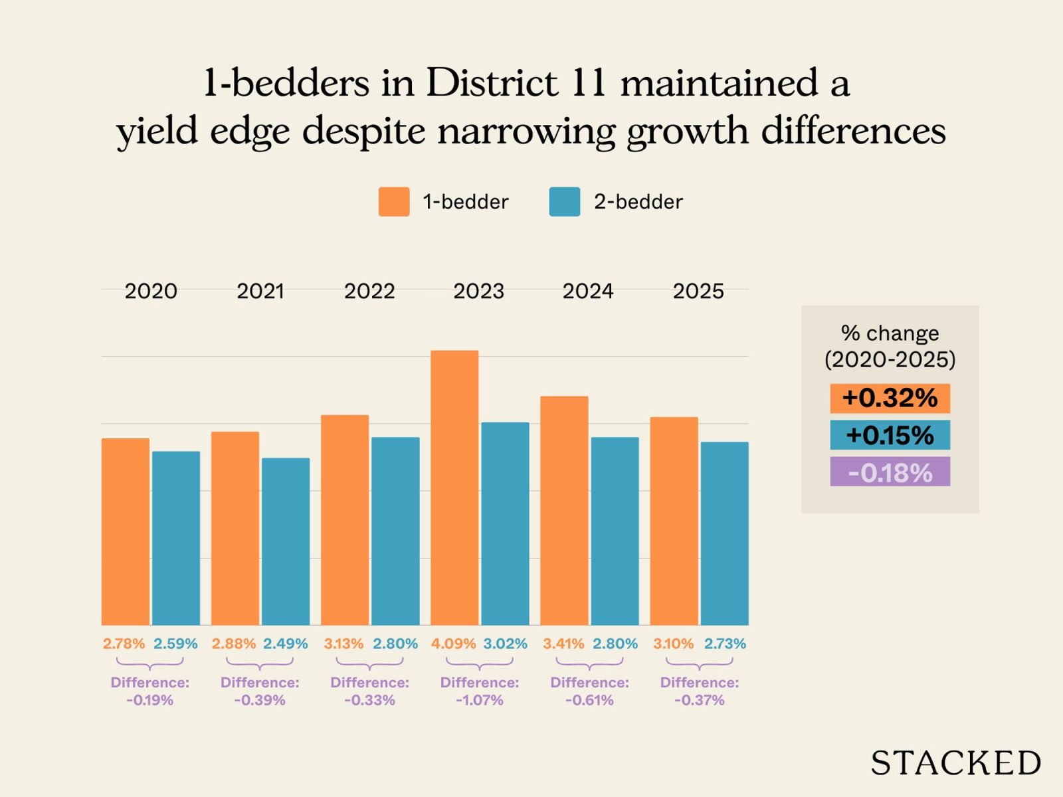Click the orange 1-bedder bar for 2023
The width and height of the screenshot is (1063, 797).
click(454, 488)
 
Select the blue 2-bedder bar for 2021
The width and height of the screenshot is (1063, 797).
click(286, 541)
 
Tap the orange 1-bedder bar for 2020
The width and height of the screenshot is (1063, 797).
click(126, 531)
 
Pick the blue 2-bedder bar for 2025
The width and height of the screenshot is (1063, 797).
click(724, 533)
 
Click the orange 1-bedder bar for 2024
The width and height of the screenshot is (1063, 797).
click(564, 510)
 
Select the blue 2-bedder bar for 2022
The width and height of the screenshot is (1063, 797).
click(395, 531)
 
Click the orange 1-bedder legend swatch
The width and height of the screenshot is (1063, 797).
click(394, 202)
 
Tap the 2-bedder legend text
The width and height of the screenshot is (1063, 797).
click(638, 202)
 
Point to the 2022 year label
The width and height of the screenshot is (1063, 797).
click(369, 291)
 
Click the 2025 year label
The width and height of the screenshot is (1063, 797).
click(698, 291)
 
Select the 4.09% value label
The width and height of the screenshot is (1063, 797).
click(453, 644)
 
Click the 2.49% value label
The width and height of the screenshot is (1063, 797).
click(285, 644)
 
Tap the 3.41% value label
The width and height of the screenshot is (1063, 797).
click(563, 644)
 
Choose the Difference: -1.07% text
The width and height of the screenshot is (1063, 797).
click(480, 691)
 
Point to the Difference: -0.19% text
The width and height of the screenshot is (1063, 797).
click(150, 691)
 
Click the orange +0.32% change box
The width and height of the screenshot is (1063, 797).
click(890, 398)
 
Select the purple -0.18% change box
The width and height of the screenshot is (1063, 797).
click(890, 472)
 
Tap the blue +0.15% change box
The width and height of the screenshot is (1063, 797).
click(890, 436)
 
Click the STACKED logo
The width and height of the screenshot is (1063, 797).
click(955, 763)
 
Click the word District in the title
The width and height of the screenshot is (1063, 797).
click(492, 83)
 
